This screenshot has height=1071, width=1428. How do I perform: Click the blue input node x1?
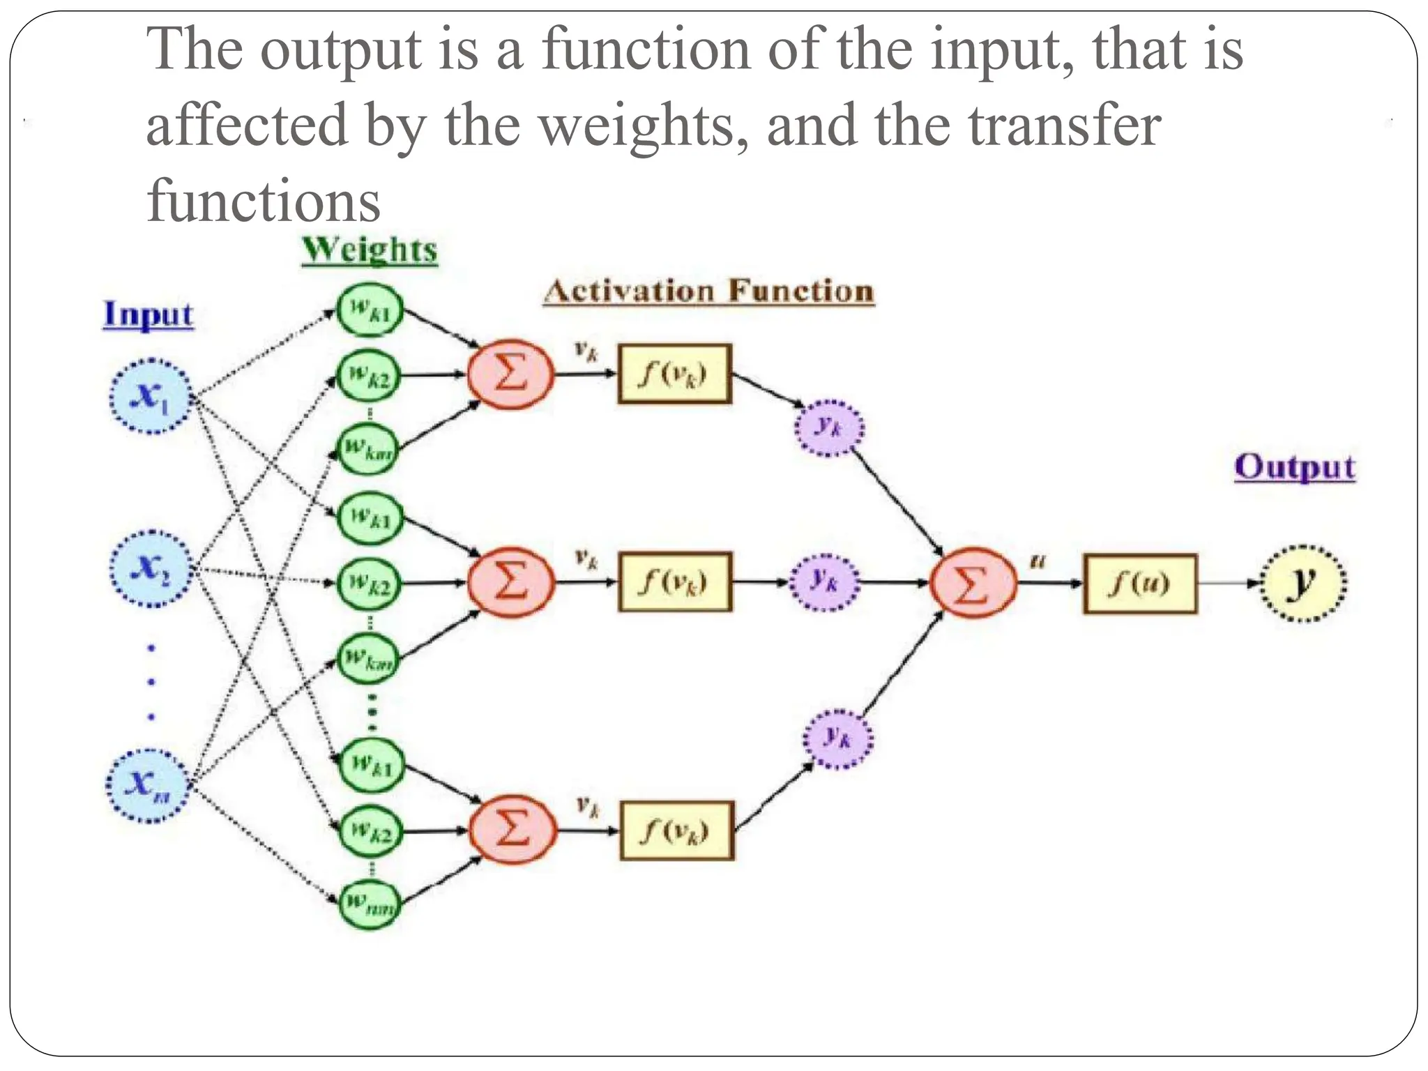150,396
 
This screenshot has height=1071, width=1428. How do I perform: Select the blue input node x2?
150,568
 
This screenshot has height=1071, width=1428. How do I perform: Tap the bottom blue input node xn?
147,785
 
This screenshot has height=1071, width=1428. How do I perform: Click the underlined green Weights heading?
370,250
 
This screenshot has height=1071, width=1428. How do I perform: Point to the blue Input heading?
148,314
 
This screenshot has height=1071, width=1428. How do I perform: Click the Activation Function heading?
708,291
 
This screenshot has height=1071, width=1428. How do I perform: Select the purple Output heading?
1294,467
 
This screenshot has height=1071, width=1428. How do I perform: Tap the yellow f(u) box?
1139,584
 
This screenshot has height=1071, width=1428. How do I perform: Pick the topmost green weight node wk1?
370,309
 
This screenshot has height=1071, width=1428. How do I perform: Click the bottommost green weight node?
370,905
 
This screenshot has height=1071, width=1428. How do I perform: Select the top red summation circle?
510,374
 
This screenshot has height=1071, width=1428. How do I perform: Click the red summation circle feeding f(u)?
973,583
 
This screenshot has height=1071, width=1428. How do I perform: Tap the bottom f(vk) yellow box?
676,830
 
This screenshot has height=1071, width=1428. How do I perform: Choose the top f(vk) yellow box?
674,374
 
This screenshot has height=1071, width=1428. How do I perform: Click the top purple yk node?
829,427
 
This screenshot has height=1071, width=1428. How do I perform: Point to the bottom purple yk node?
838,738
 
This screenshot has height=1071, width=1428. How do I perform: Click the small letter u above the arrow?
1038,561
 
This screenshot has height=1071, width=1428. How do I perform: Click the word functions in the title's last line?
264,202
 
